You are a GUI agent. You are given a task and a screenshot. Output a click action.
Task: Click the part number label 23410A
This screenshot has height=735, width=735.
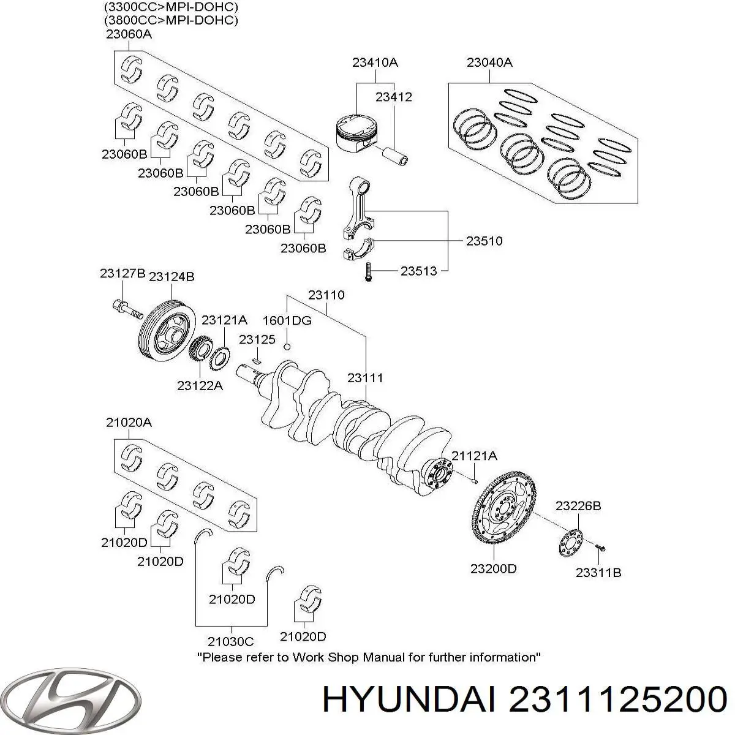click(x=375, y=62)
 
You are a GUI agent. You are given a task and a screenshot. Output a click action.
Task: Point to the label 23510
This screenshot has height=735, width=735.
click(x=484, y=241)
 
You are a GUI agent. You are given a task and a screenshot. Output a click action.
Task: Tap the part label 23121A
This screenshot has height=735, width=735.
click(x=224, y=320)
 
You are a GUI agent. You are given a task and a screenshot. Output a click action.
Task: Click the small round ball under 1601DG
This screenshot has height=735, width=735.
click(x=287, y=348)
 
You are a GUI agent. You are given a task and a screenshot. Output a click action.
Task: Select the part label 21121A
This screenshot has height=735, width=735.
click(x=475, y=456)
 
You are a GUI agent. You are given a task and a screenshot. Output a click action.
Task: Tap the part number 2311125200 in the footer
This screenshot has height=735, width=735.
click(x=617, y=698)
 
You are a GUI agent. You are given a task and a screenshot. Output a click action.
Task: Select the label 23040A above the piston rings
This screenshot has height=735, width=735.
click(x=489, y=62)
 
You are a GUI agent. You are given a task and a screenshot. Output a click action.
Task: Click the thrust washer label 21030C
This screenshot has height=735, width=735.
click(x=230, y=641)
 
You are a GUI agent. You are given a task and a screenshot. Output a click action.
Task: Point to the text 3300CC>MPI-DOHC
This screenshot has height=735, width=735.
click(x=171, y=7)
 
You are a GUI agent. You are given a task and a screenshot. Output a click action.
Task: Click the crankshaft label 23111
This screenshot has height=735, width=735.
click(x=365, y=378)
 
